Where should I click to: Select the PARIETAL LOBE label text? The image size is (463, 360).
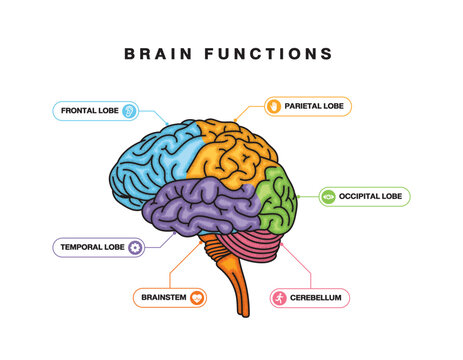[316, 105]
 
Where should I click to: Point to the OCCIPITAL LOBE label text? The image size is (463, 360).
[370, 197]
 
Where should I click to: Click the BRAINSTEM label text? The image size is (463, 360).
[163, 297]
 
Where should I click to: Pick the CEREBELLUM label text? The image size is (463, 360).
[317, 298]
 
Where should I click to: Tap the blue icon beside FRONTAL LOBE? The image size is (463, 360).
[128, 111]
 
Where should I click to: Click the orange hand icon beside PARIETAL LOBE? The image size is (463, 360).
[272, 105]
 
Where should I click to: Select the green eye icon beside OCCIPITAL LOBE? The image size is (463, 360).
[327, 197]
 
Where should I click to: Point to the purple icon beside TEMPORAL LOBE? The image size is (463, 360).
[135, 246]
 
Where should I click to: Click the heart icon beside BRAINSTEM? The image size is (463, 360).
[197, 297]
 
